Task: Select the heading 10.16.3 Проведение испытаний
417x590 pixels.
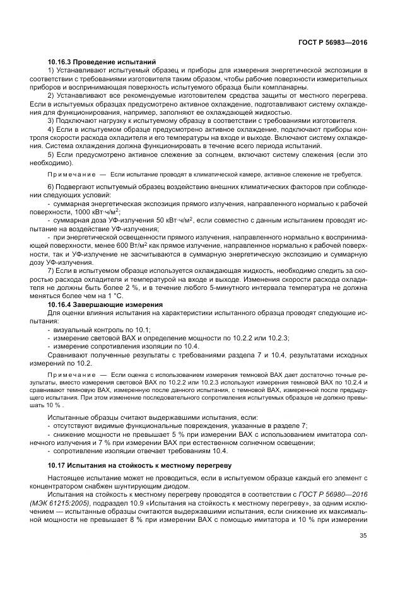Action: pyautogui.click(x=102, y=62)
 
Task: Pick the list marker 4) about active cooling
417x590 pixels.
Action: pyautogui.click(x=51, y=128)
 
